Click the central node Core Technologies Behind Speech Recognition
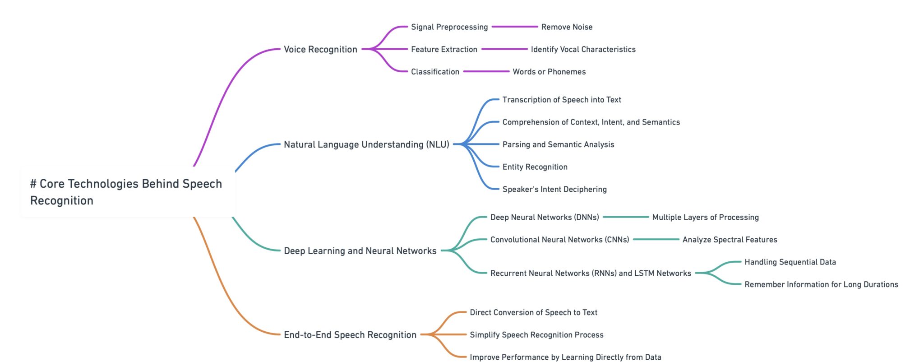tap(126, 192)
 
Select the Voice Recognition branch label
tap(320, 49)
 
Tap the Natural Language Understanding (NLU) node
tap(366, 144)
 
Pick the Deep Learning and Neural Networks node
tap(360, 251)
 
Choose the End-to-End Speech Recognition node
tap(350, 335)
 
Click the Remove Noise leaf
tap(567, 27)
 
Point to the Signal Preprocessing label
tap(449, 27)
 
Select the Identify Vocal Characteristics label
tap(583, 49)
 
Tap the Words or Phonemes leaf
tap(549, 72)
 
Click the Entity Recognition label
tap(535, 167)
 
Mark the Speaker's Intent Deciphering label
tap(554, 189)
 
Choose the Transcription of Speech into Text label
tap(562, 100)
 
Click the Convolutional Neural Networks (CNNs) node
tap(559, 240)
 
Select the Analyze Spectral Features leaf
tap(730, 240)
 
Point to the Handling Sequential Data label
tap(790, 262)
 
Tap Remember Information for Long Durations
tap(821, 284)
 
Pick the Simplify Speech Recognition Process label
tap(536, 335)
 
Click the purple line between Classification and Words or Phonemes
tap(486, 72)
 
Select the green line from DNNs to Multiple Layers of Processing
tap(626, 217)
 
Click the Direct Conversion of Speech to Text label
tap(533, 312)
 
